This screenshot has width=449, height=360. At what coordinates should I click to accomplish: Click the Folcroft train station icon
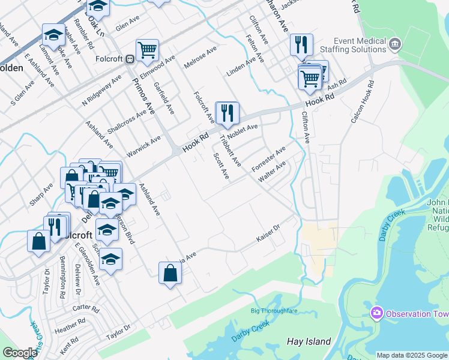(x=129, y=59)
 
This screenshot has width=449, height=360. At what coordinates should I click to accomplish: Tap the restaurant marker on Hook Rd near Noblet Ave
(x=227, y=114)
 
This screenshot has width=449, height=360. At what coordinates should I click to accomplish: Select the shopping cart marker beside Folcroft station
(x=147, y=51)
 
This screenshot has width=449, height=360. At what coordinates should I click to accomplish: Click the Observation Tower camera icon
(x=377, y=313)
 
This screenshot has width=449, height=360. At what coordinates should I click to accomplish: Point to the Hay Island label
(x=309, y=341)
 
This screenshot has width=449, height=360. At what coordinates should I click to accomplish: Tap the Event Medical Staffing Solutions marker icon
(x=395, y=43)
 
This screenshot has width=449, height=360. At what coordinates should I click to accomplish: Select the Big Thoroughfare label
(x=273, y=310)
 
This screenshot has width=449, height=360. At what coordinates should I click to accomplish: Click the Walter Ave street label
(x=272, y=172)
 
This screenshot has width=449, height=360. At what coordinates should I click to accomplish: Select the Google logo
(x=20, y=353)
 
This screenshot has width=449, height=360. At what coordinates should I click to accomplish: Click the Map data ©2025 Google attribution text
(x=411, y=355)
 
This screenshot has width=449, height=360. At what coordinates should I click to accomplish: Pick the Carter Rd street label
(x=86, y=308)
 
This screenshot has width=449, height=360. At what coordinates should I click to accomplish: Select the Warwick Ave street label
(x=147, y=145)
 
